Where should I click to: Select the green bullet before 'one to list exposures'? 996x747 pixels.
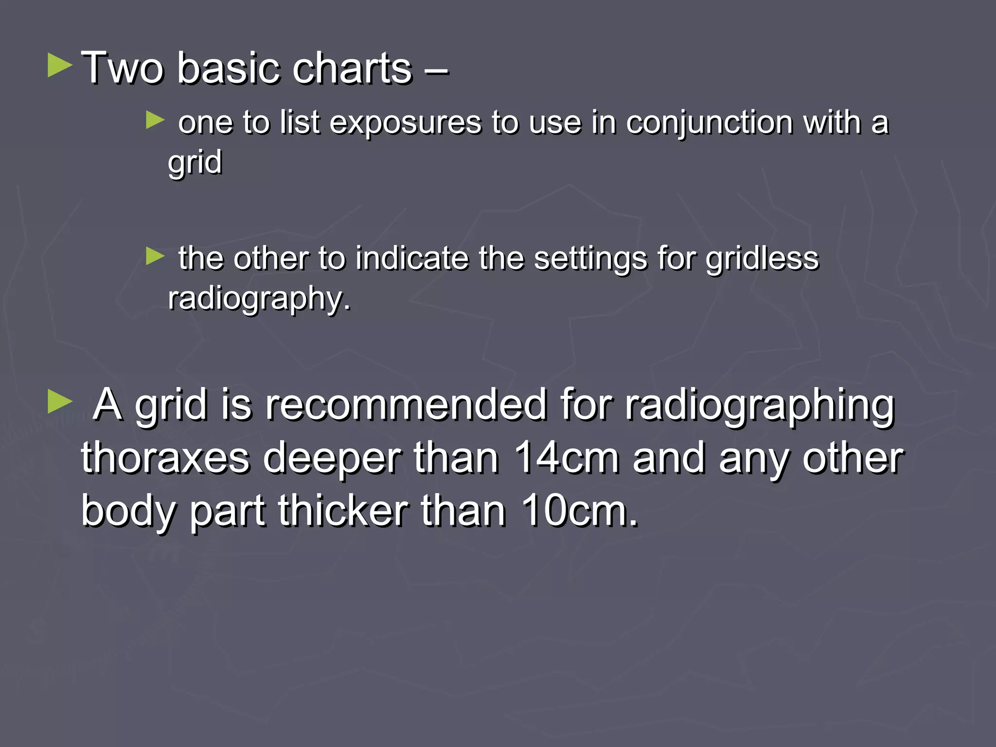point(155,120)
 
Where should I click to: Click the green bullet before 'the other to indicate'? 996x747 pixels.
point(155,256)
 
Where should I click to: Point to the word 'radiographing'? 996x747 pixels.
point(759,406)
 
